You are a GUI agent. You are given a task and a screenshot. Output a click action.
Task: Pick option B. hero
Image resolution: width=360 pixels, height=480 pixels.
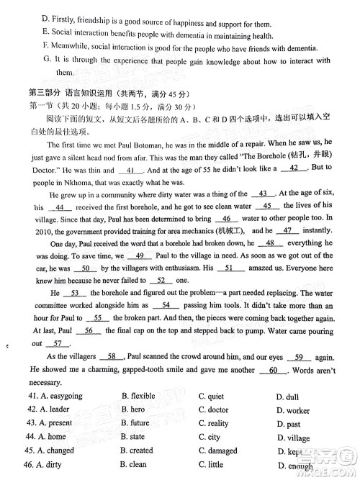133,409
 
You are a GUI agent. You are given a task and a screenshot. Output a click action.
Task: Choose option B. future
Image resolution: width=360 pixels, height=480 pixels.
135,423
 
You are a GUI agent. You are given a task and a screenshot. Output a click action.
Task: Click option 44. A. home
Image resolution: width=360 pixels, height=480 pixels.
48,437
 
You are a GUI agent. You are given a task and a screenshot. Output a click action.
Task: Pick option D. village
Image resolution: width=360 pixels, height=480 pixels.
293,438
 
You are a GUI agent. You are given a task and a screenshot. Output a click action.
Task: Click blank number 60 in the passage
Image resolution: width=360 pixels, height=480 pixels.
272,371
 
